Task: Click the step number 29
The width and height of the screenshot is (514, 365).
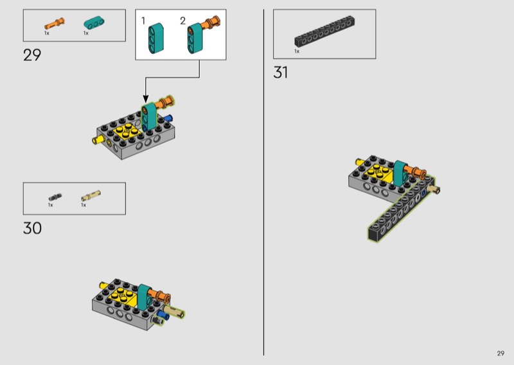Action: tap(32, 55)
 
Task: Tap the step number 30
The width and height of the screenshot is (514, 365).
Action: tap(33, 228)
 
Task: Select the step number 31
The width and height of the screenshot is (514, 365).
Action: tap(281, 73)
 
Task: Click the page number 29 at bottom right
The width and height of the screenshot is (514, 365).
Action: tap(501, 353)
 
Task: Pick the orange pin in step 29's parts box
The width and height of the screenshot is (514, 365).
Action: tap(55, 24)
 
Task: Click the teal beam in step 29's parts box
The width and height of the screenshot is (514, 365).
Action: tap(94, 22)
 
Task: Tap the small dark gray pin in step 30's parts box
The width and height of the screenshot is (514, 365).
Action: tap(55, 197)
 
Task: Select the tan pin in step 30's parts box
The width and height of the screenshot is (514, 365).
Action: tap(91, 195)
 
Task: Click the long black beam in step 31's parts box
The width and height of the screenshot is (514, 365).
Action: tap(324, 31)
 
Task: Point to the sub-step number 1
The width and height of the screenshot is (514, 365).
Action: tap(143, 21)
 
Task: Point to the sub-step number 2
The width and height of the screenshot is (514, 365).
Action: tap(183, 21)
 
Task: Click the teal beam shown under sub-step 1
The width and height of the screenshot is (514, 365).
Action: tap(156, 39)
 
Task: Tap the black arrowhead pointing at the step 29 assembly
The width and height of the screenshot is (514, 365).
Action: tap(146, 98)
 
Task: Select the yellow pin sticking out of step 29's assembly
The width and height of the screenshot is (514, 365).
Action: tap(98, 140)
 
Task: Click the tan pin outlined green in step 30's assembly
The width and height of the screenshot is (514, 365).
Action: tap(173, 311)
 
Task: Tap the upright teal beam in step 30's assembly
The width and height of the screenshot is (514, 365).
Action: tap(144, 297)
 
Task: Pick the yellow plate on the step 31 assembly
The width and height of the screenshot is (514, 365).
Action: tap(380, 172)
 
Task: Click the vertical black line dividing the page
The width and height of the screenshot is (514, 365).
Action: tap(263, 182)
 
